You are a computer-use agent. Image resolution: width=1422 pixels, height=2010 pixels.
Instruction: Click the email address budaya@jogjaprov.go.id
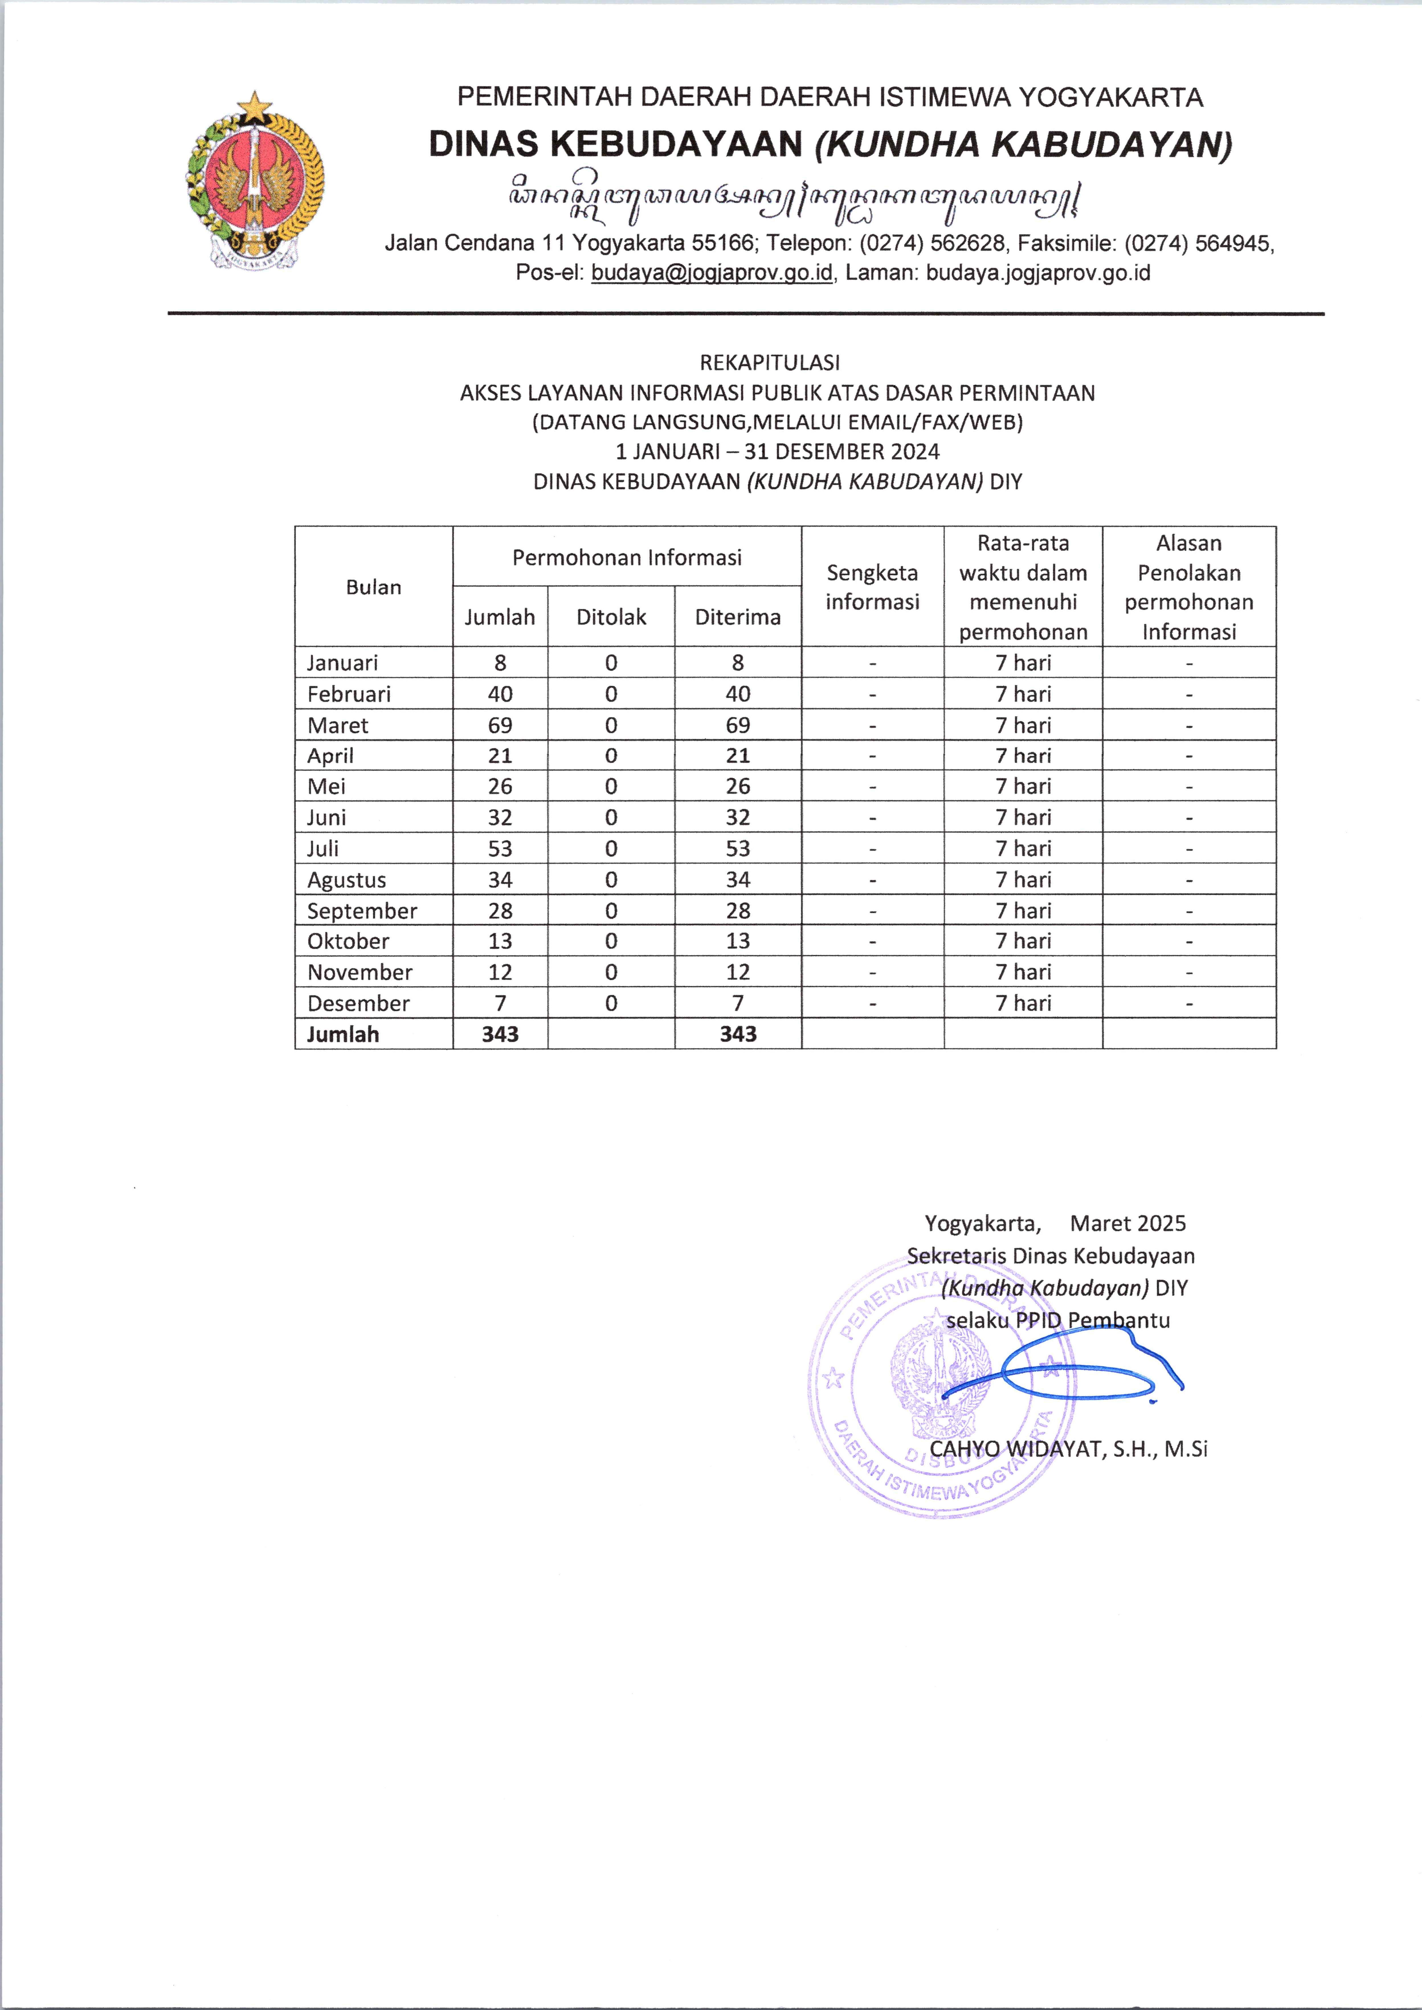tap(712, 273)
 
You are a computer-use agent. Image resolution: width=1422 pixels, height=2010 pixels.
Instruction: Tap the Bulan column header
tap(374, 588)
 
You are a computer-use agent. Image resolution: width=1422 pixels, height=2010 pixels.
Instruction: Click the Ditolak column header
tap(611, 617)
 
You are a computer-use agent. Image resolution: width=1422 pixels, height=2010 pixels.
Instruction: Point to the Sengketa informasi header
tap(872, 588)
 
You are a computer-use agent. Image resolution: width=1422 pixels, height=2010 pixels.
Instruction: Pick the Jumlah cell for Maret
tap(500, 726)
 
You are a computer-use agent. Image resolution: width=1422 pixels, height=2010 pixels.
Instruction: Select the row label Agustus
tap(347, 880)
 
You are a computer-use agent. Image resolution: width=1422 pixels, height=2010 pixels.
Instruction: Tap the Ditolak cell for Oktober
tap(611, 941)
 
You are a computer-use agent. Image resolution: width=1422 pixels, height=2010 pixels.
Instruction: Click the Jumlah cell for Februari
tap(500, 694)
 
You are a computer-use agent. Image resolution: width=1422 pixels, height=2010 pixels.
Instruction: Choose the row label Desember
tap(358, 1003)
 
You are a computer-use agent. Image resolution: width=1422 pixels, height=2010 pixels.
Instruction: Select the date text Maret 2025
tap(1128, 1224)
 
